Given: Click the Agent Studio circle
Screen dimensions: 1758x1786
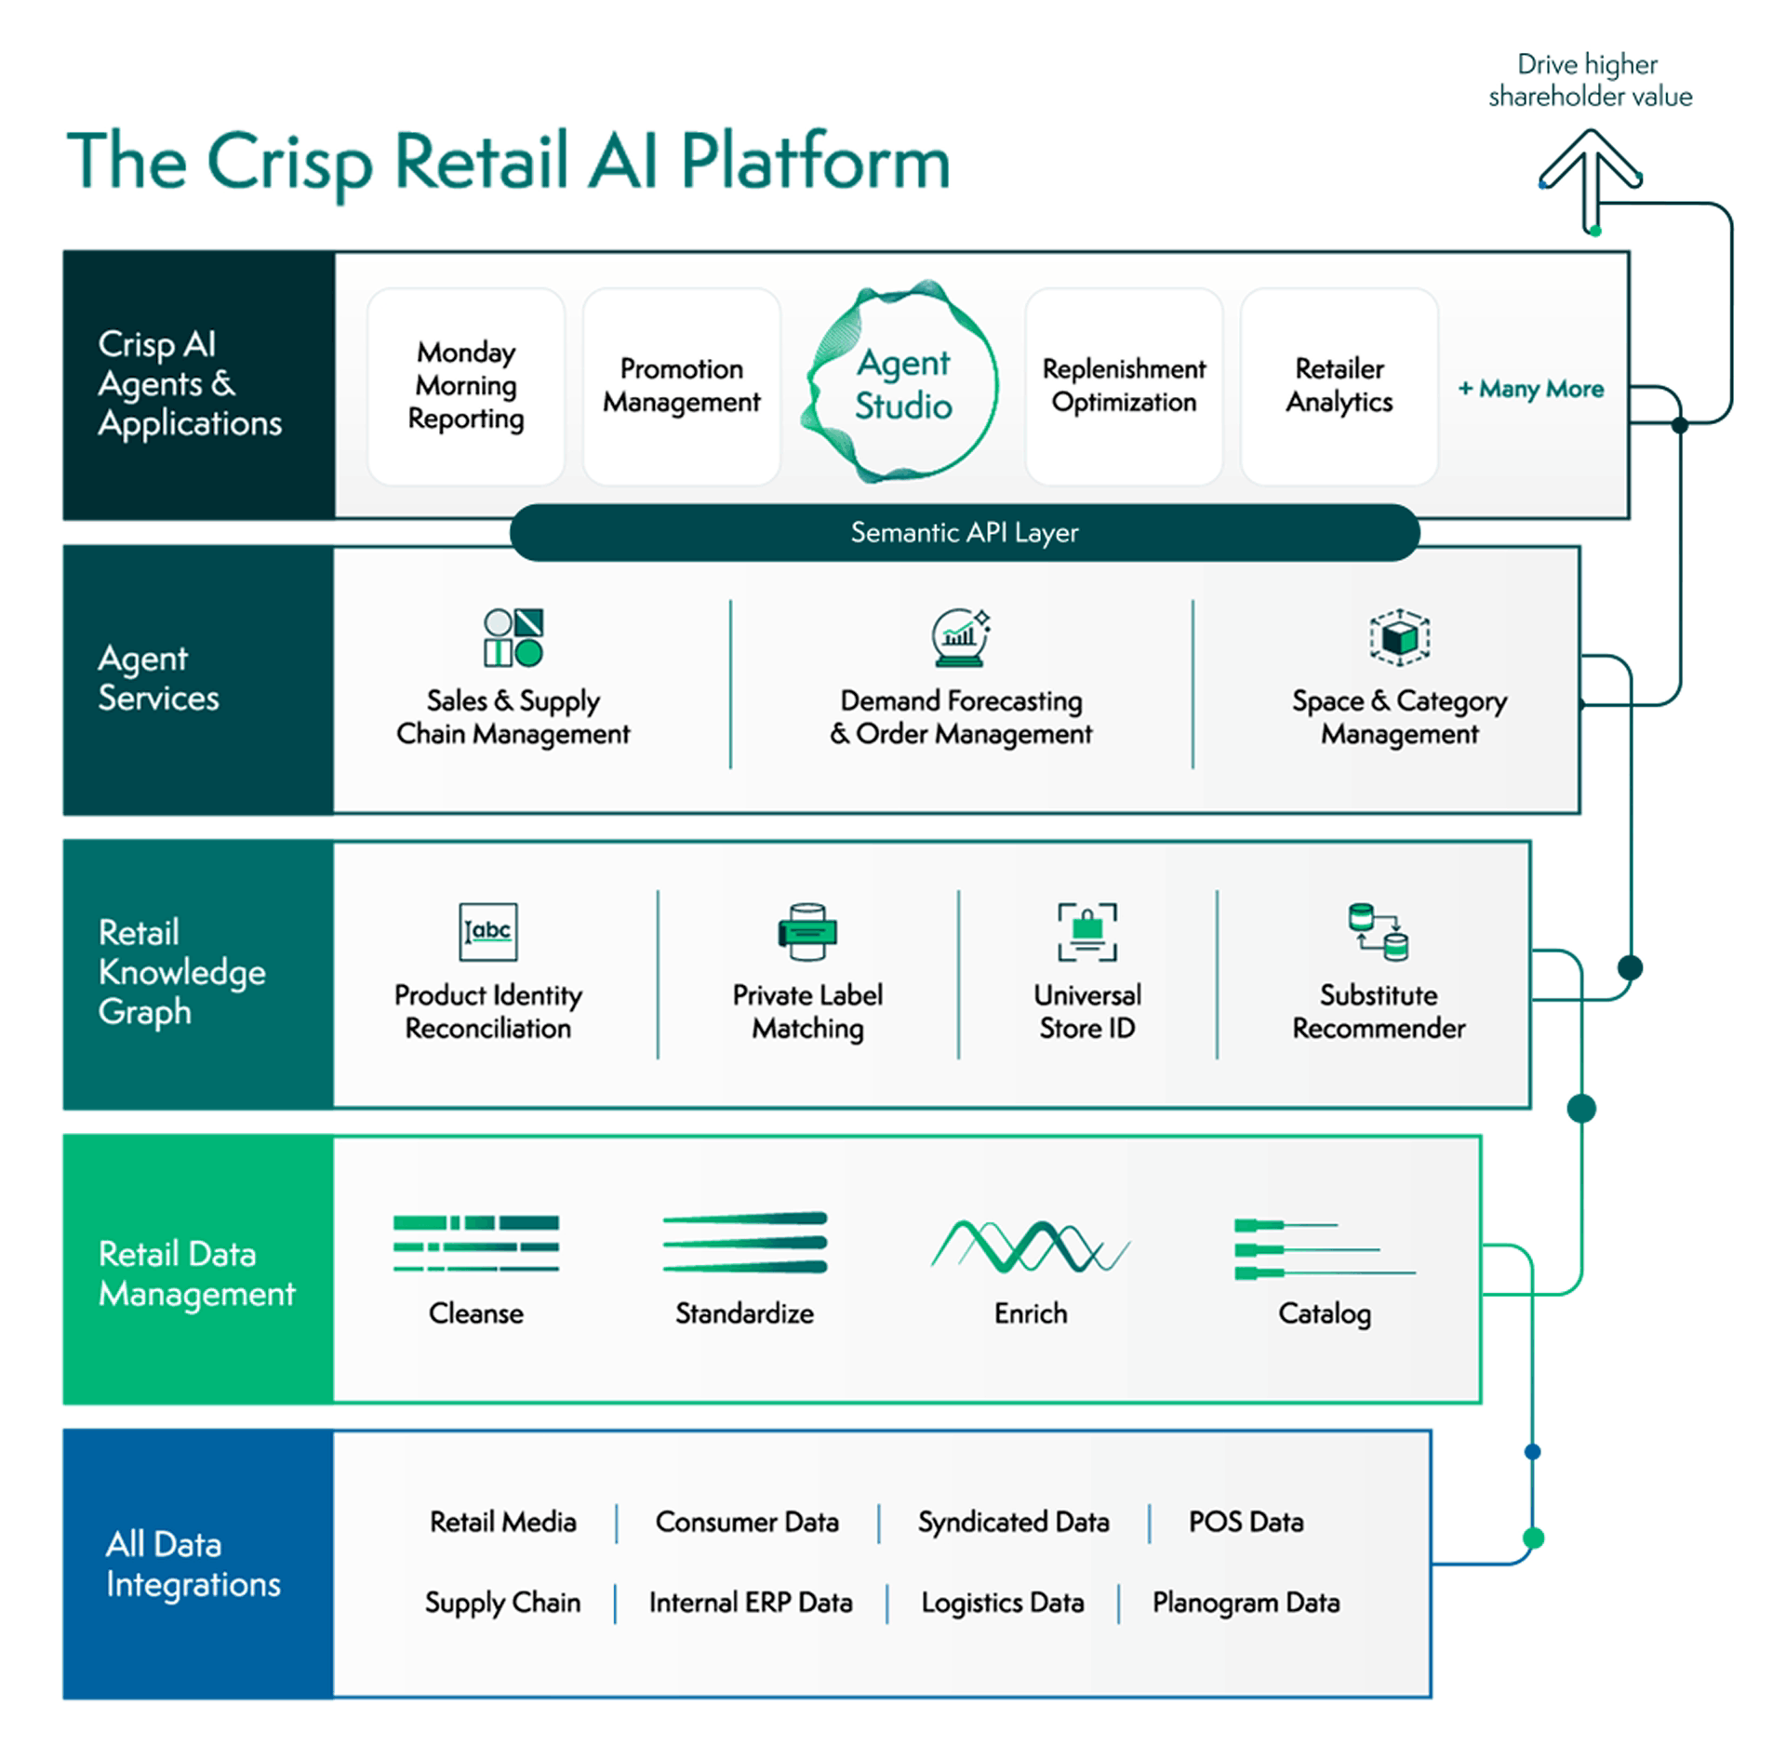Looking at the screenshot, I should [902, 383].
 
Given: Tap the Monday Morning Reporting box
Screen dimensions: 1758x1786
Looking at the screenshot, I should [466, 385].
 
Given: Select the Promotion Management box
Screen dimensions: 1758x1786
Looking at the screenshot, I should [681, 385].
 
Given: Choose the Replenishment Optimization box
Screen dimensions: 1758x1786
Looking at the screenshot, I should [1124, 385].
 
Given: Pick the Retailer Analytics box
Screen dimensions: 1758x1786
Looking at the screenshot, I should [1339, 385].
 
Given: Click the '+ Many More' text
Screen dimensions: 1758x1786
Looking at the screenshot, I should [1530, 389].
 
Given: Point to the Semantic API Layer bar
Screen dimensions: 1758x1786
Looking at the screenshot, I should [965, 533].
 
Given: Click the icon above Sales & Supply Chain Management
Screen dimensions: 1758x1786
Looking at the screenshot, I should [513, 638].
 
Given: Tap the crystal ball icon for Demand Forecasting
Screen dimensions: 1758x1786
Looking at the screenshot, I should [961, 638].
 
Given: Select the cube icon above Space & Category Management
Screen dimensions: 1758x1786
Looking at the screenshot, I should [1399, 638].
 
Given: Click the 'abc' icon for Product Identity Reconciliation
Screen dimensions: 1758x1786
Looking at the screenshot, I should [488, 931].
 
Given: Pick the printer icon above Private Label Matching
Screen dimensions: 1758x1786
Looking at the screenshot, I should [807, 931].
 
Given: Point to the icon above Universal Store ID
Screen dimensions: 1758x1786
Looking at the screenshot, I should [1087, 931].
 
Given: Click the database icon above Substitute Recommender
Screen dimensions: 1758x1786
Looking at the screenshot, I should [1379, 931].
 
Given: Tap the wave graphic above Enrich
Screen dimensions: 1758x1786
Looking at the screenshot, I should [1030, 1245].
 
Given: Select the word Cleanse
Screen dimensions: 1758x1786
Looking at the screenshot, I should [475, 1313].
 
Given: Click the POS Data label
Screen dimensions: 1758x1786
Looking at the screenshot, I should [1246, 1522].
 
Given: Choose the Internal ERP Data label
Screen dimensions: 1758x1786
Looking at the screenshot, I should [751, 1603].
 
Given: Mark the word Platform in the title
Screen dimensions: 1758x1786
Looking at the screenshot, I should [815, 163].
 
